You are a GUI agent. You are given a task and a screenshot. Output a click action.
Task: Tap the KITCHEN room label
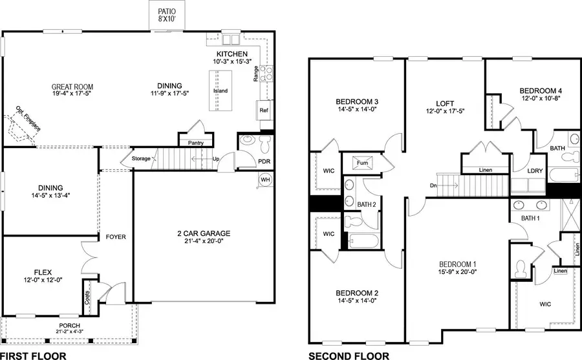coord(232,54)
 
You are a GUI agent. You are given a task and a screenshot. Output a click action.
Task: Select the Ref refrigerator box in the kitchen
coord(264,111)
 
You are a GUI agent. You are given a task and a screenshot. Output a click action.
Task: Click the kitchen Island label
coord(221,90)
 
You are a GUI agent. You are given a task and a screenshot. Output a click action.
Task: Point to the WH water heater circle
coord(265,179)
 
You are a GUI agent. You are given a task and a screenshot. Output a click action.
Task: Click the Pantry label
coord(196,143)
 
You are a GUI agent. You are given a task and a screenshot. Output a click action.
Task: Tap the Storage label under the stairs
coord(141,158)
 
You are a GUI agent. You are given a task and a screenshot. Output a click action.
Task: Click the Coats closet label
coord(87,298)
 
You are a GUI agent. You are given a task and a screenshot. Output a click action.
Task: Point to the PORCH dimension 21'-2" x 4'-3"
coord(69,332)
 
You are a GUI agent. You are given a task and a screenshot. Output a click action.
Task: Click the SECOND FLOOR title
coord(349,355)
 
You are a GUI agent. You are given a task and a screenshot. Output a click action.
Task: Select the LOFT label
coord(444,103)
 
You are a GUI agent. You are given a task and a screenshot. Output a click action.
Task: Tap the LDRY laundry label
coord(535,171)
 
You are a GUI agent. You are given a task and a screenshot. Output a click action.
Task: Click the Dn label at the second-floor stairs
coord(433,186)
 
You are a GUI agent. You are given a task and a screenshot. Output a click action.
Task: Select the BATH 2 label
coord(367,204)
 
